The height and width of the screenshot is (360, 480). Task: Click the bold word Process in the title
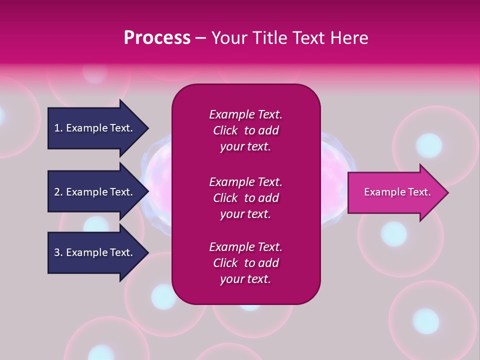coord(157,38)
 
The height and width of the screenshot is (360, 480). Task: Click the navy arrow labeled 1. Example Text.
coord(95,128)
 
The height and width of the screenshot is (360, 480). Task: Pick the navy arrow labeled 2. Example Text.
coord(95,192)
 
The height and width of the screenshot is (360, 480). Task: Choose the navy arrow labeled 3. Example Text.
coord(95,252)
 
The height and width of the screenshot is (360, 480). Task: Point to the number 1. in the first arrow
coord(58,128)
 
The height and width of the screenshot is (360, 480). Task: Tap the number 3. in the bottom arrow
coord(58,252)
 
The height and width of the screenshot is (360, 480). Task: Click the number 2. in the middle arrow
coord(58,192)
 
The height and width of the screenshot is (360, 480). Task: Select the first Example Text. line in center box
coord(245,114)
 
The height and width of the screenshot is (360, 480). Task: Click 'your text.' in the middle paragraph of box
coord(245,214)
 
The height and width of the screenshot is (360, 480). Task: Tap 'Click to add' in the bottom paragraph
coord(245,263)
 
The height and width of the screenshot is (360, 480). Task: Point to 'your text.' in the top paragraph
coord(245,147)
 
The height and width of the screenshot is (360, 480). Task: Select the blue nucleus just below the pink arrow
coord(394,233)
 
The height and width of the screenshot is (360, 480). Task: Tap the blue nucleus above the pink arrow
coord(428,145)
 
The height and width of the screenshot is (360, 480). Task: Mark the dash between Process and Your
coord(200,38)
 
